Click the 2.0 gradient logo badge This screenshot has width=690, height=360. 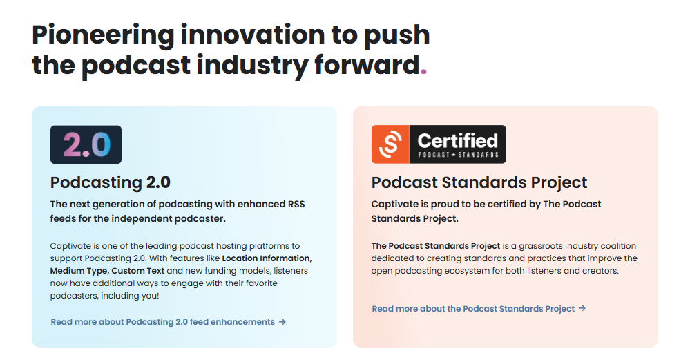pos(86,144)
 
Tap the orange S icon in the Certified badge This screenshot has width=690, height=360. pos(390,144)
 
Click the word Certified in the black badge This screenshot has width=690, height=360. pos(458,141)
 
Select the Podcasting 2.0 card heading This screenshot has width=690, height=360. pos(110,182)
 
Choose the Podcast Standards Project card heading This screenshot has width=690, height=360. pos(479,182)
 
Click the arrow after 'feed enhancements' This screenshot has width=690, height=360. pos(282,322)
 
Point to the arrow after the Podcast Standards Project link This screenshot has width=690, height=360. pos(582,308)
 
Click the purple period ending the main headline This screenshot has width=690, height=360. pos(423,71)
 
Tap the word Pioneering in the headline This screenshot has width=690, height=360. pos(103,35)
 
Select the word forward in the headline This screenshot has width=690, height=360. pos(367,65)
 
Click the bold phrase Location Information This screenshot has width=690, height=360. pos(267,258)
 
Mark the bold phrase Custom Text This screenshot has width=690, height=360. pos(137,271)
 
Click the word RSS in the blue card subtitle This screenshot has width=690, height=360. pos(296,205)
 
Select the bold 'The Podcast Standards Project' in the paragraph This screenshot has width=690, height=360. pos(436,246)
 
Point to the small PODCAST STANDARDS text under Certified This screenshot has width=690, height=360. pos(458,155)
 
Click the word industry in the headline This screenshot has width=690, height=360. pos(252,66)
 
